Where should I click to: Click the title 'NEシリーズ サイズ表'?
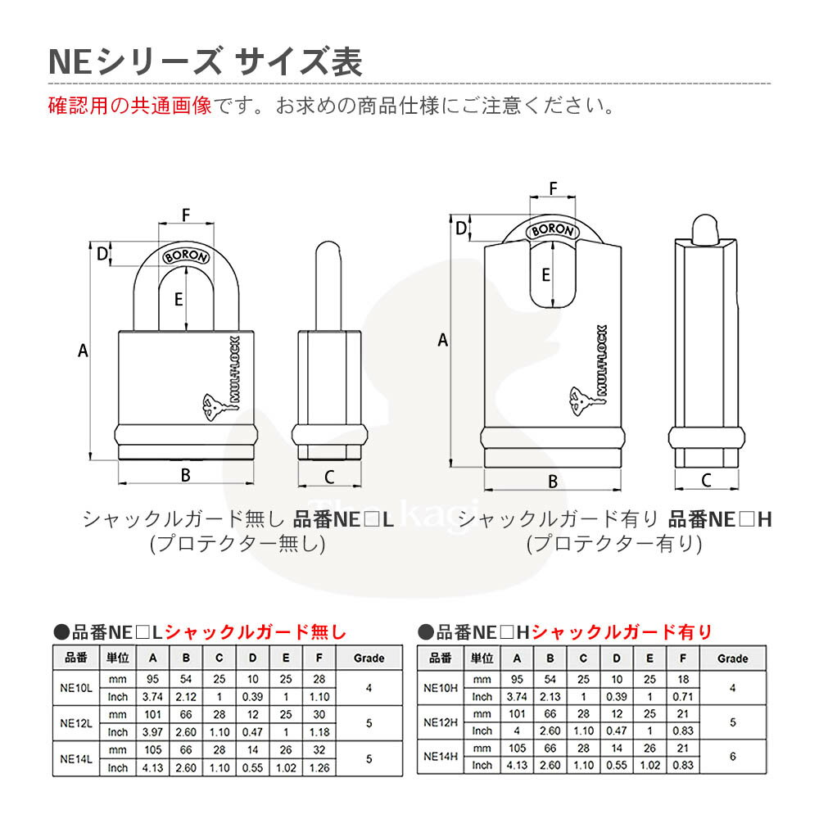coord(206,61)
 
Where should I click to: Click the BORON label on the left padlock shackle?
coord(186,256)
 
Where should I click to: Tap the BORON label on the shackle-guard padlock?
coord(553,230)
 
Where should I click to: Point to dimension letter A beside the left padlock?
coord(83,351)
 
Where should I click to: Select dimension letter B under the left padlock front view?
coord(185,475)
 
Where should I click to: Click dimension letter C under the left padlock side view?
coord(329,477)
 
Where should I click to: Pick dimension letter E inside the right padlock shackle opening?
coord(545,274)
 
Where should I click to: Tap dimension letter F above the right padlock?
coord(553,188)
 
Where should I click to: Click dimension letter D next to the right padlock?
coord(460,229)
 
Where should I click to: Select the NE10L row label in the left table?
coord(76,688)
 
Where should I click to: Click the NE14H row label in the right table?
coord(441,756)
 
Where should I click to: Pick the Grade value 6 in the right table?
coord(733,756)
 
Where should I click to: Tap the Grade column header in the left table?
coord(369,658)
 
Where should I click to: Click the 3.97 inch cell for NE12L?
coord(152,731)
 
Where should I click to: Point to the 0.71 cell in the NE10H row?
coord(683,697)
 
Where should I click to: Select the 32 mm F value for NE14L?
coord(319,750)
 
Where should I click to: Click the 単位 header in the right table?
coord(482,658)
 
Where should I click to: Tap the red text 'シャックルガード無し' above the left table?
coord(256,632)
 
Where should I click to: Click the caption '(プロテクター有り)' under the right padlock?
coord(614,544)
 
